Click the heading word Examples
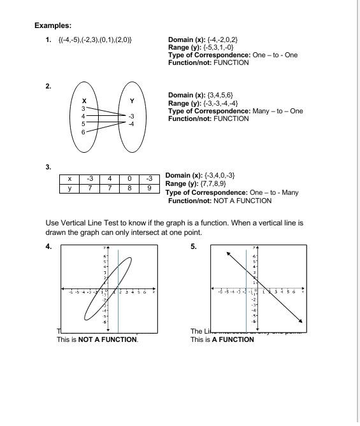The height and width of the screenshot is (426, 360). click(x=52, y=25)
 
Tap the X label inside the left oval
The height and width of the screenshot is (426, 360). click(x=85, y=101)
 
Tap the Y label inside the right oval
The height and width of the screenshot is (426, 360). click(x=131, y=101)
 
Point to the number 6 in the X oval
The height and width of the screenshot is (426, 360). click(x=83, y=130)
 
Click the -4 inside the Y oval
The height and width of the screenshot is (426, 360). click(x=131, y=124)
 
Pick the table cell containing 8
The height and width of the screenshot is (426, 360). click(x=129, y=188)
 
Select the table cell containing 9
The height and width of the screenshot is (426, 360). click(x=148, y=188)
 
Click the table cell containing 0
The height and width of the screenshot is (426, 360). click(x=129, y=179)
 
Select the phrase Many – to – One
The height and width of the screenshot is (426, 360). click(x=277, y=111)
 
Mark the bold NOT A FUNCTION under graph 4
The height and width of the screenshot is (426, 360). click(x=108, y=339)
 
